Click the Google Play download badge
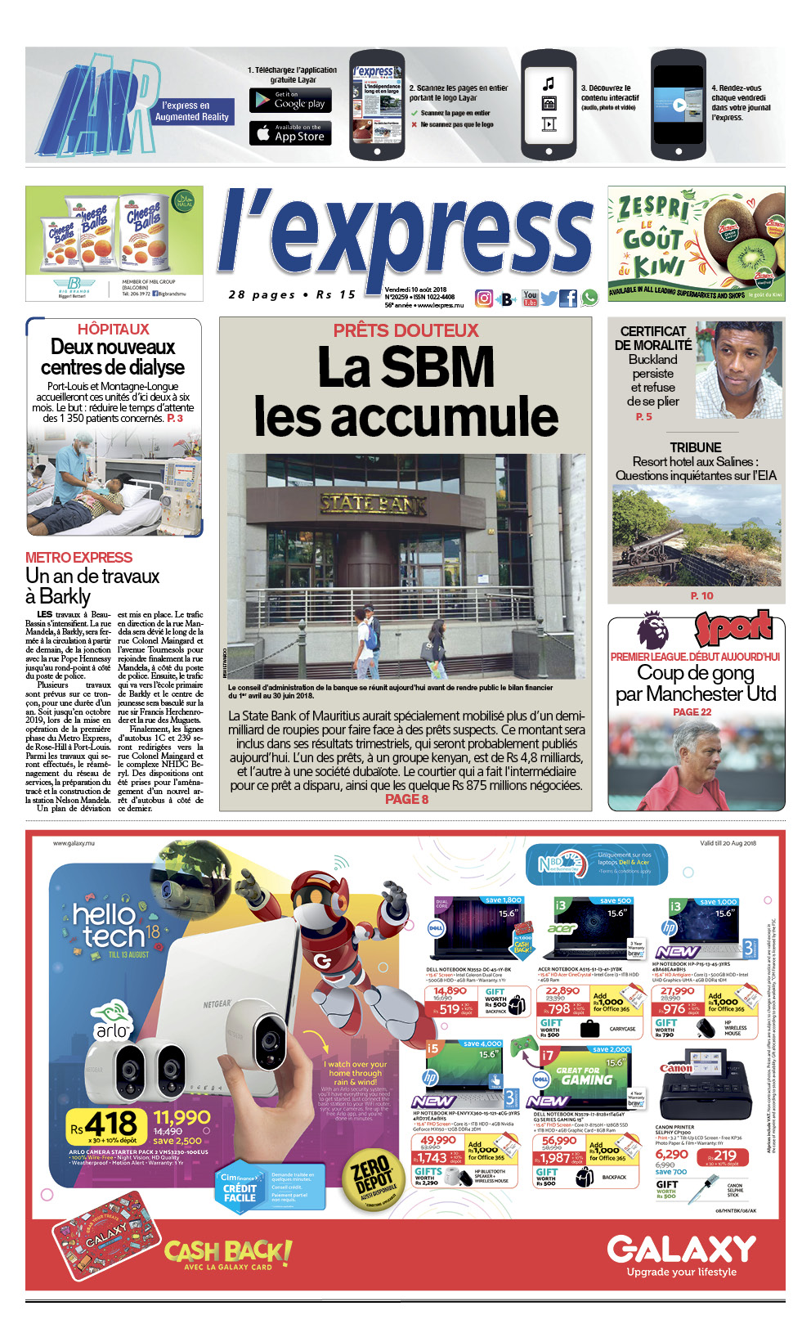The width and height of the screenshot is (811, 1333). click(290, 101)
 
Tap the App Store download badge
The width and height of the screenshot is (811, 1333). click(290, 133)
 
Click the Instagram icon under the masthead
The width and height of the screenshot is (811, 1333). click(484, 298)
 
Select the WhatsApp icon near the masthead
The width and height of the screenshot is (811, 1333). click(589, 298)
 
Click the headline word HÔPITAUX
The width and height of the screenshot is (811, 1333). click(114, 329)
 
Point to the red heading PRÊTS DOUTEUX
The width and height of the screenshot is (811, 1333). click(405, 330)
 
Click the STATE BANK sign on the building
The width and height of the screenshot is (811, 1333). click(373, 504)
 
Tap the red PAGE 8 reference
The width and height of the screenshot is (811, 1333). click(406, 799)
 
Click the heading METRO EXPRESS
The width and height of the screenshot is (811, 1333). click(78, 557)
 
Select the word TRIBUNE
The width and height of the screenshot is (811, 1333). click(696, 447)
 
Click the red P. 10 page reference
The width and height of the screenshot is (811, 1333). click(701, 595)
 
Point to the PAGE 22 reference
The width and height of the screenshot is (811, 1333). click(692, 711)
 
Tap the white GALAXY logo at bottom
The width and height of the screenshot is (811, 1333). click(681, 1249)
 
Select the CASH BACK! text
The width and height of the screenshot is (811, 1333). click(227, 1251)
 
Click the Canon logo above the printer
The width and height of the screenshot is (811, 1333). click(675, 1068)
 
